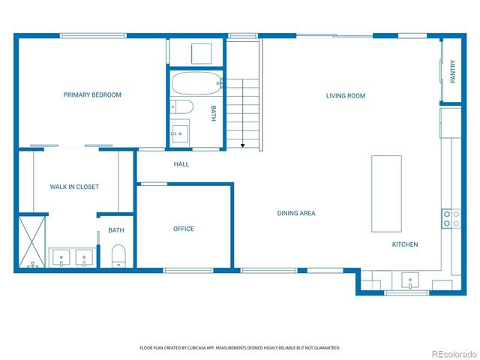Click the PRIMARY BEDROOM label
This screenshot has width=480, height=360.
(x=92, y=95)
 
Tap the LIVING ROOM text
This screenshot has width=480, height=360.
(x=345, y=95)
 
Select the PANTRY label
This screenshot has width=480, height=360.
(x=452, y=72)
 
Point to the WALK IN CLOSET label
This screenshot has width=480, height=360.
(x=74, y=187)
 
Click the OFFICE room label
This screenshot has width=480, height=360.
(x=184, y=229)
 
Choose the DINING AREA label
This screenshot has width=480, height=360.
(x=296, y=214)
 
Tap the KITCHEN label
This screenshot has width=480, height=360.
(x=405, y=244)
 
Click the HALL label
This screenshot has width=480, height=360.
(x=181, y=164)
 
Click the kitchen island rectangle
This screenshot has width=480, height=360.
(x=386, y=193)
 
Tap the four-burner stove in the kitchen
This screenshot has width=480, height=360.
(x=451, y=217)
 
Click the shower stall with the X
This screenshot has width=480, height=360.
(x=32, y=241)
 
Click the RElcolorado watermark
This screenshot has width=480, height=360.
(x=447, y=352)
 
